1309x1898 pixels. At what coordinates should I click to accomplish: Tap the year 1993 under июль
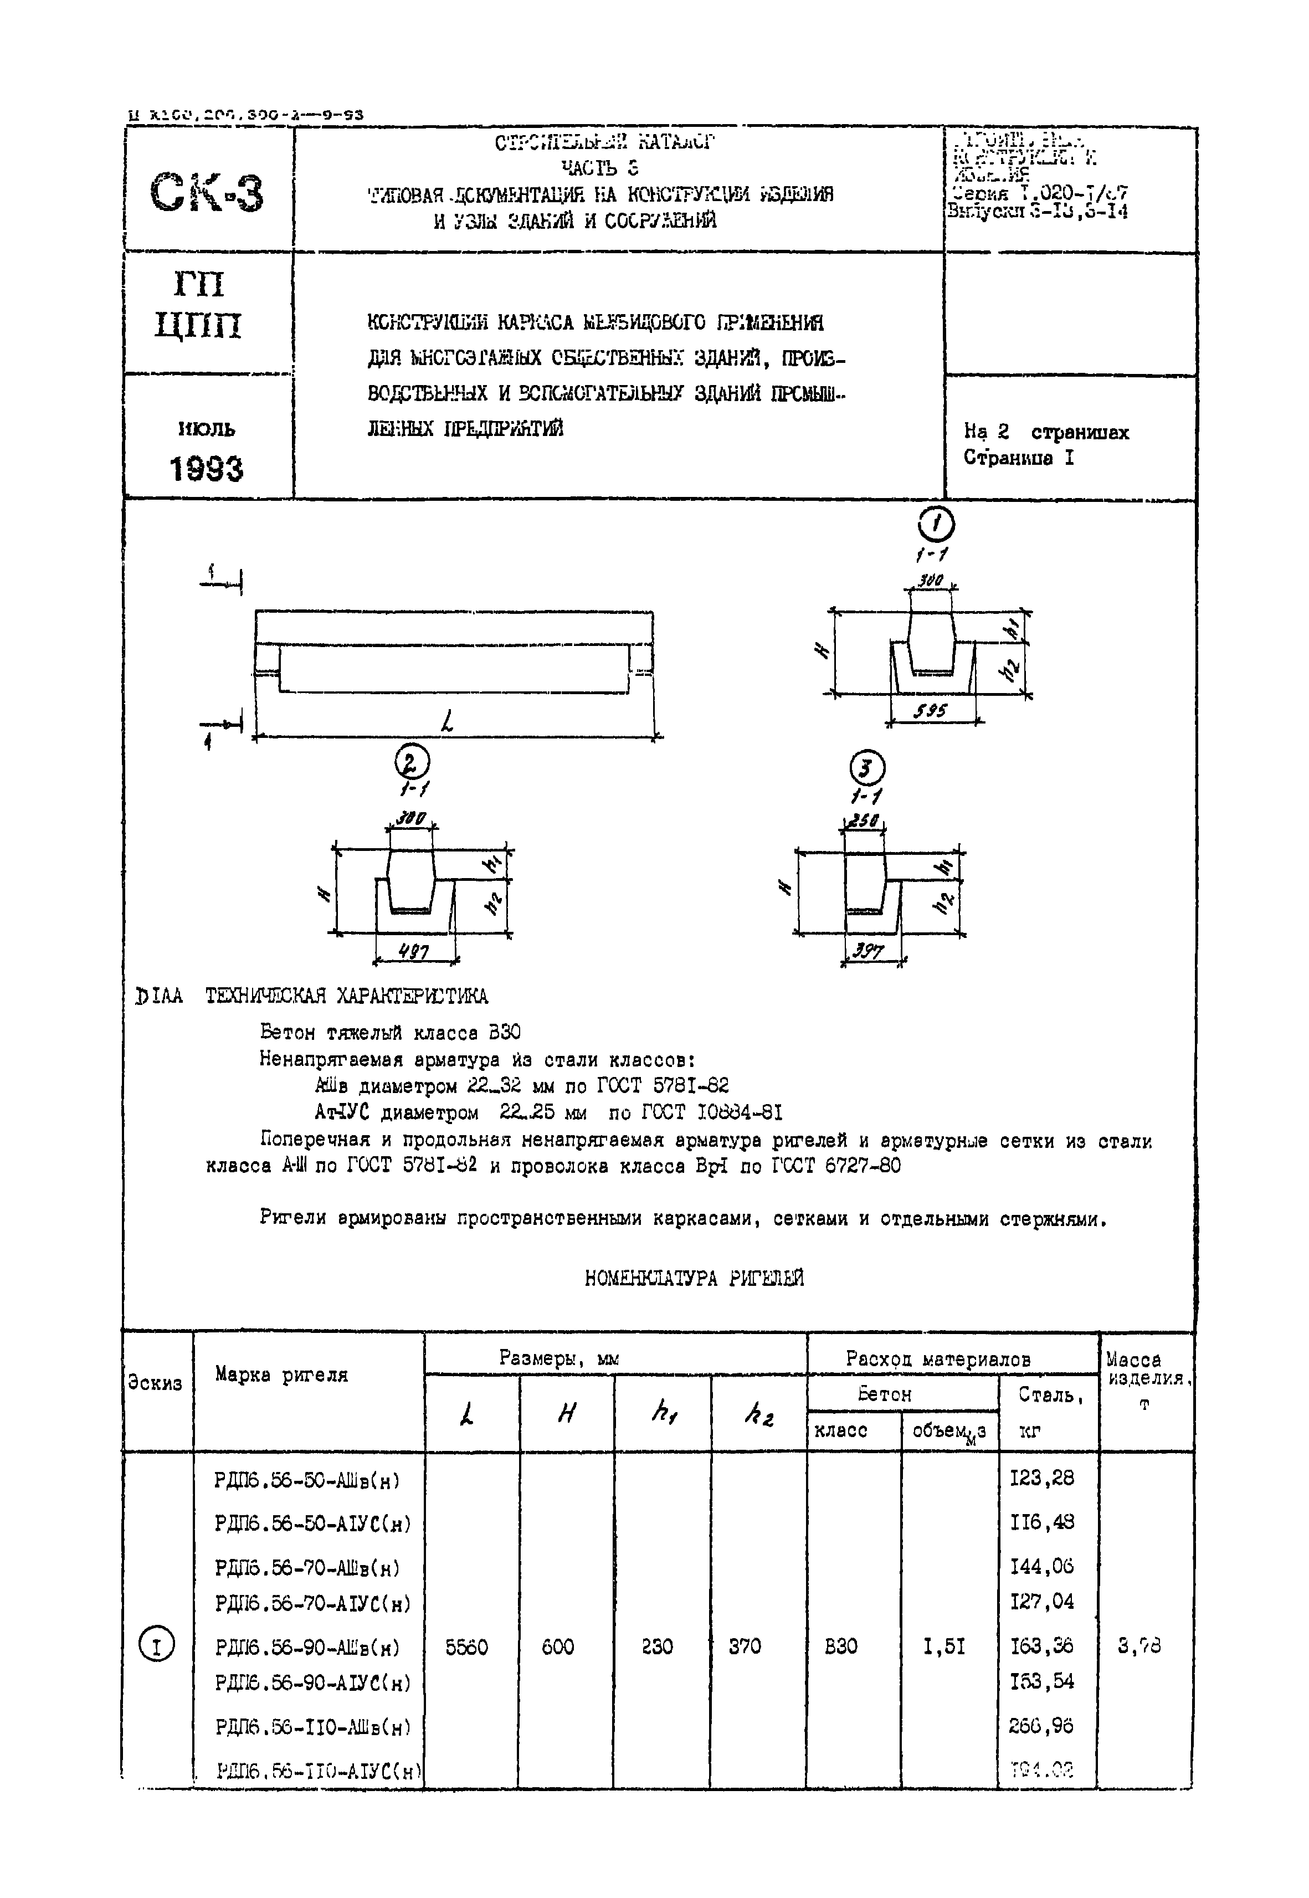[x=207, y=469]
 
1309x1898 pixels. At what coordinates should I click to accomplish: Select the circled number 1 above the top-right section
[x=936, y=524]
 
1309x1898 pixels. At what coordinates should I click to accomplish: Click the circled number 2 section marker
[x=411, y=763]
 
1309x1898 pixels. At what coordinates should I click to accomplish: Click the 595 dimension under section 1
[x=931, y=711]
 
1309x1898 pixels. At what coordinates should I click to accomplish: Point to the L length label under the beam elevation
[x=448, y=722]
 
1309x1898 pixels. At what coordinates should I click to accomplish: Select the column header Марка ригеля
[x=281, y=1374]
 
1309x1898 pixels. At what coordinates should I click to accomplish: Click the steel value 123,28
[x=1041, y=1478]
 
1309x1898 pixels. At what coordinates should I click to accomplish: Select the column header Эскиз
[x=155, y=1383]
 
